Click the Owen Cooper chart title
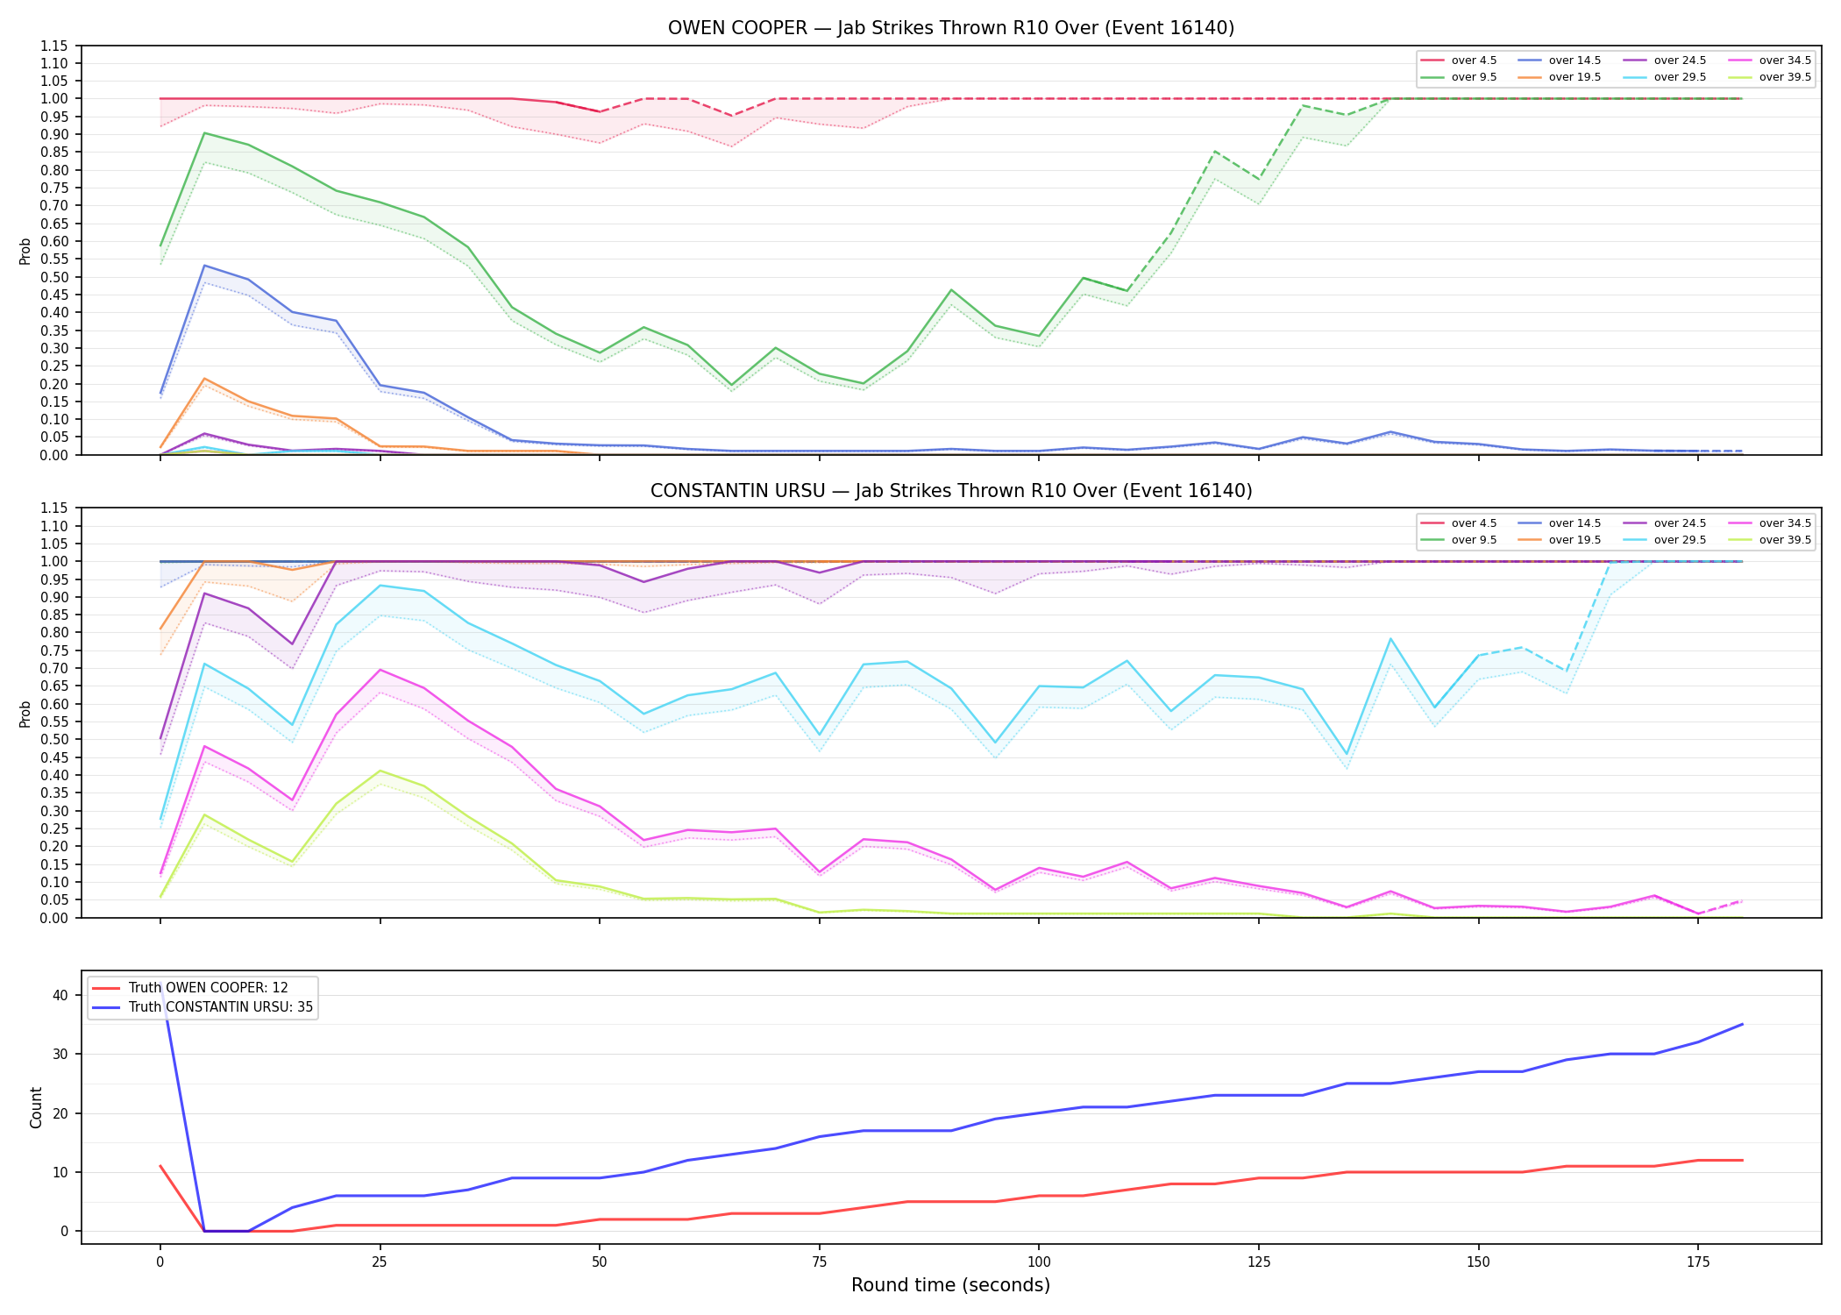950,28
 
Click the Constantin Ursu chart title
950,491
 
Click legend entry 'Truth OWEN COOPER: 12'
190,988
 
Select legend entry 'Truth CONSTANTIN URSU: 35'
203,1007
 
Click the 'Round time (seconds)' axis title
950,1285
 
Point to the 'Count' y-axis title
36,1107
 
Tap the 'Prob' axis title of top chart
25,251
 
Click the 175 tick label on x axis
1698,1262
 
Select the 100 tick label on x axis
1038,1262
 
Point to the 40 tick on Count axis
60,995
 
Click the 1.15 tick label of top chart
54,46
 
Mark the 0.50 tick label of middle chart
54,739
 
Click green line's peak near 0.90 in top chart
204,133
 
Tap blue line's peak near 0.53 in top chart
204,266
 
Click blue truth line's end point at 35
1742,1024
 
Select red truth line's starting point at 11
160,1166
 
